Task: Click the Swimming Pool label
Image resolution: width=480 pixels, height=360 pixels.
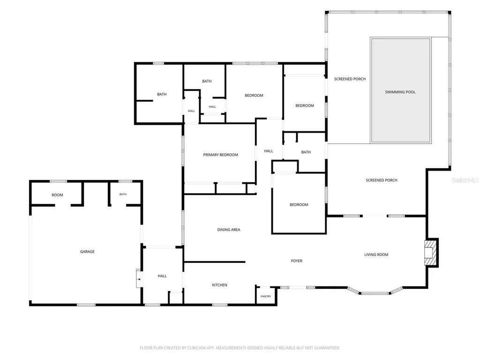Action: click(400, 92)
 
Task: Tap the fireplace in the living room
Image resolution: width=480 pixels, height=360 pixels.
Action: click(430, 253)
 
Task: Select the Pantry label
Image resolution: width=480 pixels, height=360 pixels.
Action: click(266, 296)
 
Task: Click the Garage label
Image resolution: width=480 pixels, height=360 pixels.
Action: click(87, 252)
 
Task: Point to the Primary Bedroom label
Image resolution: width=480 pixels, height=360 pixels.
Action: click(220, 155)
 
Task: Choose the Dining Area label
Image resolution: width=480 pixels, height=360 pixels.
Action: click(229, 230)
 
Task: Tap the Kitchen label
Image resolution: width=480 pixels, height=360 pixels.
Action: click(219, 285)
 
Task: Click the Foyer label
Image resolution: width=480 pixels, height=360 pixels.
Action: click(297, 261)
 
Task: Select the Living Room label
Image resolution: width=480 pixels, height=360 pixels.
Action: click(376, 255)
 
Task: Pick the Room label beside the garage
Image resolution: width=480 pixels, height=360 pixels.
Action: click(57, 195)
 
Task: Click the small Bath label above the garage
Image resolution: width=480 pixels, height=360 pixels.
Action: click(123, 194)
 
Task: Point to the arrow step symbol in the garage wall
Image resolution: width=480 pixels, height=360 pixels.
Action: click(139, 279)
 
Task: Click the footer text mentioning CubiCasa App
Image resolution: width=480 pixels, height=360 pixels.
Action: click(240, 348)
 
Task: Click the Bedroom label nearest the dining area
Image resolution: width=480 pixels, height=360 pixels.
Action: click(299, 205)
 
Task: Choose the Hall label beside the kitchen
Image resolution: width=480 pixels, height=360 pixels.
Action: click(162, 276)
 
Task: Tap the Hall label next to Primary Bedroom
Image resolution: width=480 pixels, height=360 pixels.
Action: click(269, 151)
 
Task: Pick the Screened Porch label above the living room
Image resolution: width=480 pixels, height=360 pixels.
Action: click(382, 180)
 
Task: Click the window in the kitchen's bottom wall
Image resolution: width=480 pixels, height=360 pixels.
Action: click(220, 305)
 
